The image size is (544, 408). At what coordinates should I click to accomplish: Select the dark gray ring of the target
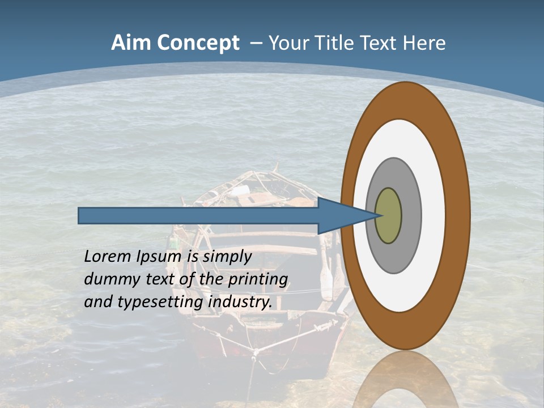coord(411,216)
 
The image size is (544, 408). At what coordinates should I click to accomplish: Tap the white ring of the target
coord(433,216)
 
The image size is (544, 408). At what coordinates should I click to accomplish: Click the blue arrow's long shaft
coord(198,216)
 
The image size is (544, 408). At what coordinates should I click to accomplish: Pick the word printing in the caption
coord(258,279)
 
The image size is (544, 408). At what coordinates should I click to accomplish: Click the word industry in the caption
coord(240,302)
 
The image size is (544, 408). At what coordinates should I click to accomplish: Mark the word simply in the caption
coord(227,257)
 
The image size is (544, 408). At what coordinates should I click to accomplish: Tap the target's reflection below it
coord(406,380)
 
